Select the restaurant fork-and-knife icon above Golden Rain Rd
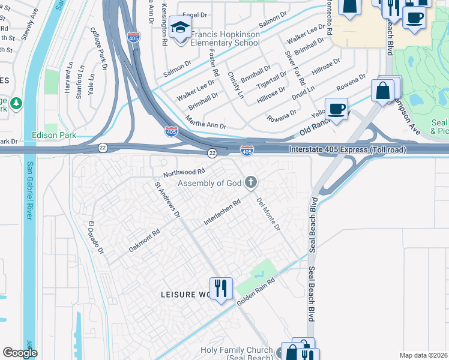point(220,288)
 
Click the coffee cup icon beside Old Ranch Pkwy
point(337,109)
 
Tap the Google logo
point(20,353)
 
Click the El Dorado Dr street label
point(96,237)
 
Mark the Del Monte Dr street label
point(268,214)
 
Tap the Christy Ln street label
point(235,85)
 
